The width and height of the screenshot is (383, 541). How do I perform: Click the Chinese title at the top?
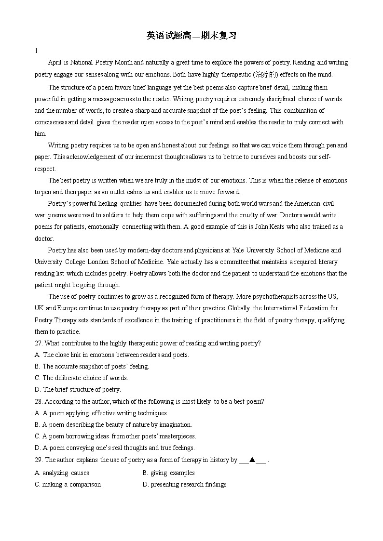pyautogui.click(x=191, y=36)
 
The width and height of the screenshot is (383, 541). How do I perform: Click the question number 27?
pyautogui.click(x=39, y=343)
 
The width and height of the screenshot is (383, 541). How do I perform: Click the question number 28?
pyautogui.click(x=39, y=402)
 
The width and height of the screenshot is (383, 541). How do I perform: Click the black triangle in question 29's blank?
pyautogui.click(x=252, y=460)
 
